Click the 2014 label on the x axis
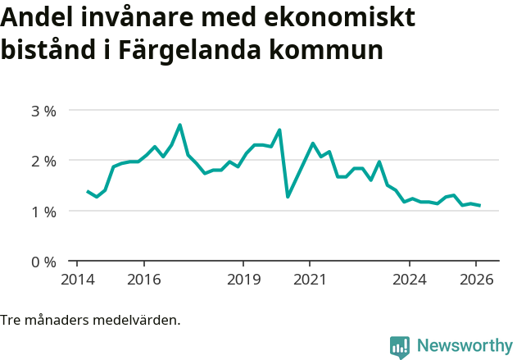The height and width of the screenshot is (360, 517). click(x=77, y=280)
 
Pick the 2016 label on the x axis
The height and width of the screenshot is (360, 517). click(x=143, y=280)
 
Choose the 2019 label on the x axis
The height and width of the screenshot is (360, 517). click(x=243, y=280)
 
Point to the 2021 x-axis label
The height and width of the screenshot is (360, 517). click(x=310, y=280)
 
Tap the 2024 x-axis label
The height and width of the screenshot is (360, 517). click(x=410, y=280)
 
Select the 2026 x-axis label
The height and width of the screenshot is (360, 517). click(x=476, y=280)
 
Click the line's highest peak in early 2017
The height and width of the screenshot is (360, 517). click(x=179, y=125)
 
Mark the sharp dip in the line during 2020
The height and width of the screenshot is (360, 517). click(x=288, y=197)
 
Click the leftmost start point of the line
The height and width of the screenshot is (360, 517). click(x=88, y=191)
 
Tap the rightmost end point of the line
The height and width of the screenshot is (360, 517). click(x=479, y=205)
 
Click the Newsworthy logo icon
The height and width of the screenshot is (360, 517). click(x=399, y=347)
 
